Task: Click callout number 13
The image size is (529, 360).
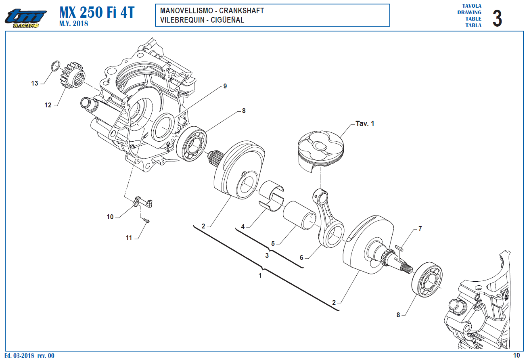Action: (x=35, y=83)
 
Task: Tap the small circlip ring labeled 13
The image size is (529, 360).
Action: (x=56, y=65)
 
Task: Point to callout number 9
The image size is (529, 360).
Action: (x=225, y=86)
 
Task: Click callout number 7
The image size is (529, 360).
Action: (x=420, y=228)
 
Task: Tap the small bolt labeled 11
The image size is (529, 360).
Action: (x=146, y=220)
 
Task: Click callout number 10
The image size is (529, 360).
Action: (x=110, y=217)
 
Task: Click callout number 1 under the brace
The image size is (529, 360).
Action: (x=260, y=276)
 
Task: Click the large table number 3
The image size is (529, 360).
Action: (x=497, y=19)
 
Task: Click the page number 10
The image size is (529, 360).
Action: (x=516, y=356)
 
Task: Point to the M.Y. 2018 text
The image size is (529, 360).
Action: (x=73, y=24)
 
